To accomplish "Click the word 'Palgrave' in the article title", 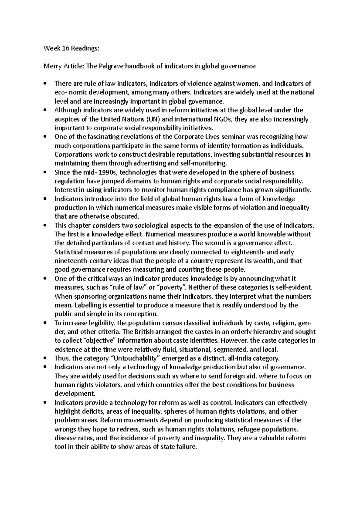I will click(108, 66).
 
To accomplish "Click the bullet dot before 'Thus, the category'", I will click(45, 358).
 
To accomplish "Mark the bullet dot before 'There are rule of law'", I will click(45, 84).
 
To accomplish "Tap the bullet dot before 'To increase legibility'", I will click(45, 323).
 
